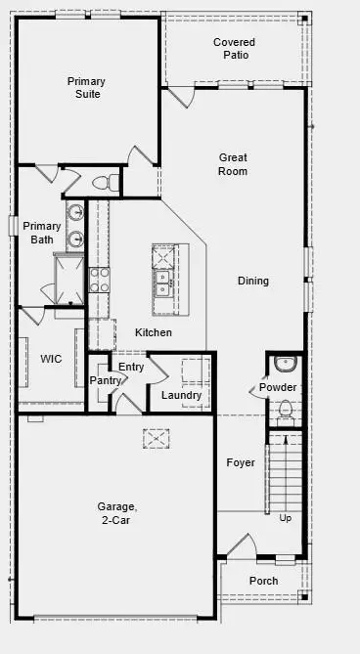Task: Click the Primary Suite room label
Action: coord(86,88)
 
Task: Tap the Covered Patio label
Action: coord(235,49)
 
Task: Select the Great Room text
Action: coord(233,164)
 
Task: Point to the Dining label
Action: coord(252,282)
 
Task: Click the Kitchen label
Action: coord(154,332)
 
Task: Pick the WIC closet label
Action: coord(51,359)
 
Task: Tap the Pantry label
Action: coord(105,380)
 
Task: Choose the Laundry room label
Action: coord(181,395)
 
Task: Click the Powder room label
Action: coord(278,388)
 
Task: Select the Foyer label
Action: coord(241,462)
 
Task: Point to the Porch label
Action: coord(263,581)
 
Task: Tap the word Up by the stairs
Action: coord(286,517)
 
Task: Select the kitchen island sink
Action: coord(162,283)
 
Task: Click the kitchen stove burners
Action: coord(99,280)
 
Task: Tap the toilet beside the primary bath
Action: coord(105,182)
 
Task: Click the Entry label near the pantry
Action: coord(131,367)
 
